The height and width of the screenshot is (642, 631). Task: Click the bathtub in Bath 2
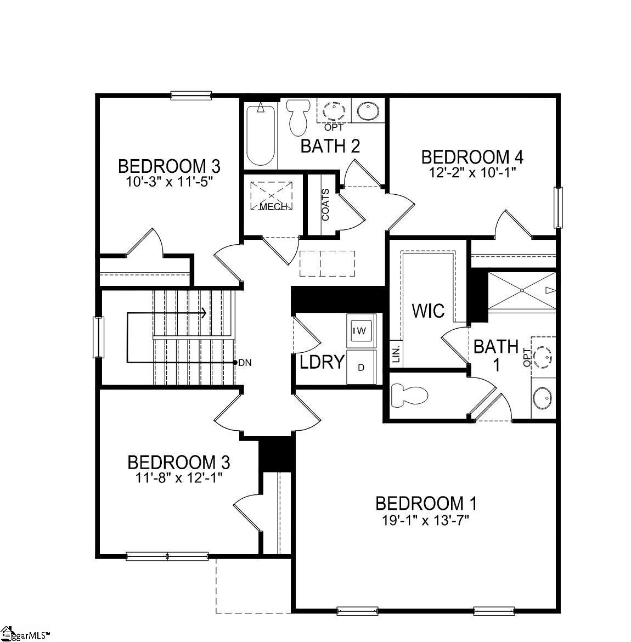(260, 134)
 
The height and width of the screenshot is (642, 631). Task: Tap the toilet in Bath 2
(298, 117)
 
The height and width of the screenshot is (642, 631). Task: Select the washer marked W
(361, 330)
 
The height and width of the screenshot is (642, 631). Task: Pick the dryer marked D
(361, 367)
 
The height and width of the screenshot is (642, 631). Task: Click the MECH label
(273, 207)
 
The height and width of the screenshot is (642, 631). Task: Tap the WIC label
(428, 311)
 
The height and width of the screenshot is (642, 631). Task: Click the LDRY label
(322, 362)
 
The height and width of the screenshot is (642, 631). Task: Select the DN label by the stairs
(245, 363)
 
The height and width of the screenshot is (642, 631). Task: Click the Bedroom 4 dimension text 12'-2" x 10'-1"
(472, 172)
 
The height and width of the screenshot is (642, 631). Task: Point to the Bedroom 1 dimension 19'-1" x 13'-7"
(426, 519)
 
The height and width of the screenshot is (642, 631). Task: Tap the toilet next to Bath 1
(409, 396)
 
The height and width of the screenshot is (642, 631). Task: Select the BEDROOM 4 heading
(472, 157)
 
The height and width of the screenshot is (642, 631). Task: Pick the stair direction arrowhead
(204, 313)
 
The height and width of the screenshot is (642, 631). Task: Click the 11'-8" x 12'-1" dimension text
(178, 477)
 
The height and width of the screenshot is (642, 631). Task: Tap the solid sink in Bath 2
(366, 111)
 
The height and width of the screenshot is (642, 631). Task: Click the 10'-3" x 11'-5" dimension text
(169, 181)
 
